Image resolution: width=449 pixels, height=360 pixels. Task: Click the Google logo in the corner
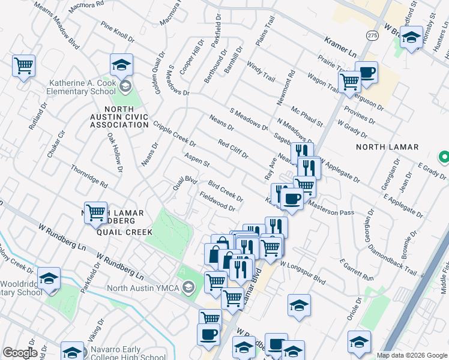pos(20,353)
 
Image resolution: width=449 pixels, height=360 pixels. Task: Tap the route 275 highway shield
pos(372,36)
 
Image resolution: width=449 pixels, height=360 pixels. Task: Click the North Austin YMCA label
pos(142,288)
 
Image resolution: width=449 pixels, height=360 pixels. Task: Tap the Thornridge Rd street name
pos(88,176)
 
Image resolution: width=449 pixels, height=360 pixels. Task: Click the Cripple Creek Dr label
pos(174,134)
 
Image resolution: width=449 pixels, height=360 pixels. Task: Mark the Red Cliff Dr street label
pos(233,149)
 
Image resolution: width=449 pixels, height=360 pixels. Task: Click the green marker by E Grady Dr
pos(444,158)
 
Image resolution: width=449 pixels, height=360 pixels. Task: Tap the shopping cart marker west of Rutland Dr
pos(23,65)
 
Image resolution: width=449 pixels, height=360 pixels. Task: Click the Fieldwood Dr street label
pos(217,202)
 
